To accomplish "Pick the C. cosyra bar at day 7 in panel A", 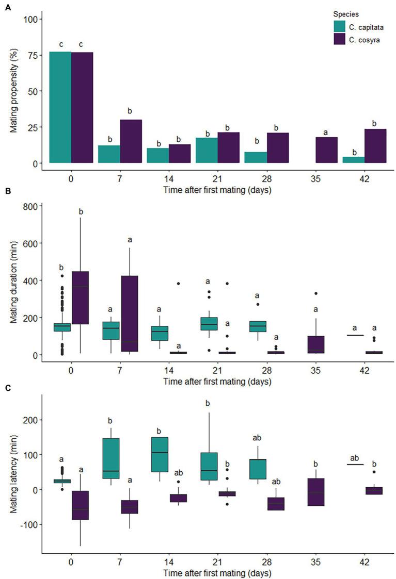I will point(131,141).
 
